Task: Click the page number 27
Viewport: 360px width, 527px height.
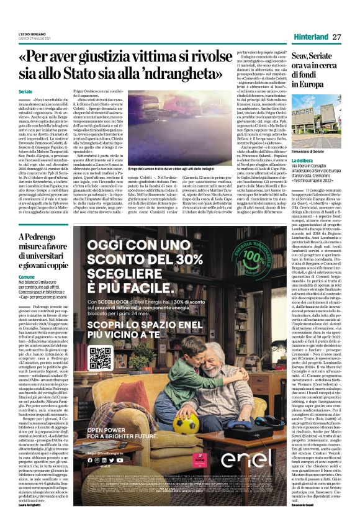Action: tap(337, 37)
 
